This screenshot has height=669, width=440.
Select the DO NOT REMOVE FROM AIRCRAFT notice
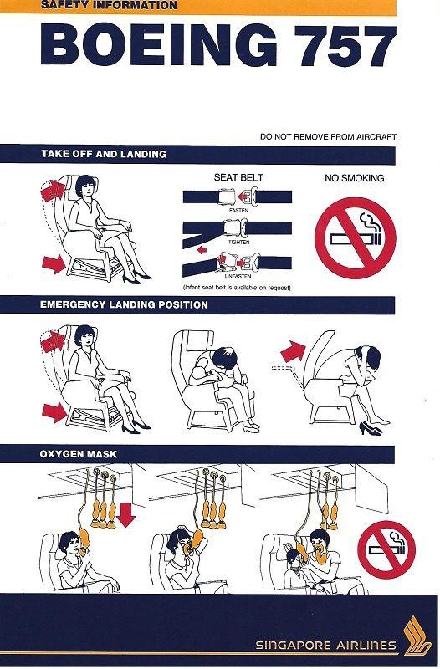click(328, 136)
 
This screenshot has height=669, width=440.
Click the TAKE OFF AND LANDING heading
click(104, 155)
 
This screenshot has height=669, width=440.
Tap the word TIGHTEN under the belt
click(237, 241)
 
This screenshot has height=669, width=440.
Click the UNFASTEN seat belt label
click(237, 278)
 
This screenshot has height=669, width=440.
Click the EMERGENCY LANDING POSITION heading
click(125, 305)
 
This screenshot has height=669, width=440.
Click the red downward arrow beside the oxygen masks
click(126, 513)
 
